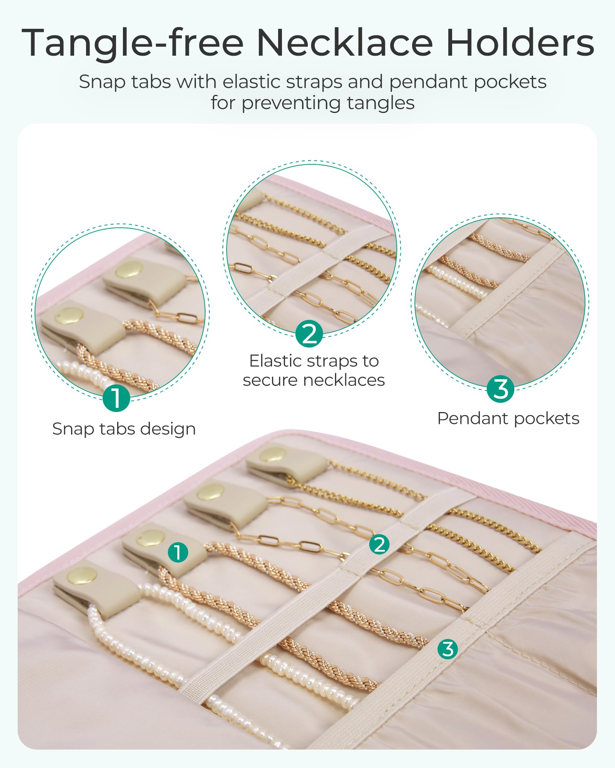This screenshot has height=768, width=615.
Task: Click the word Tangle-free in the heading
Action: pyautogui.click(x=133, y=43)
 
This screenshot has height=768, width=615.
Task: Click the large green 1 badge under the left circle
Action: pyautogui.click(x=116, y=398)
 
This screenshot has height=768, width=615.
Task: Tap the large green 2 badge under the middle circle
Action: pyautogui.click(x=310, y=333)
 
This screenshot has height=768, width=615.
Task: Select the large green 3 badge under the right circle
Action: pyautogui.click(x=501, y=389)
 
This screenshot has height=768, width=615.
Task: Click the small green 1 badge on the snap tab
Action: pyautogui.click(x=178, y=553)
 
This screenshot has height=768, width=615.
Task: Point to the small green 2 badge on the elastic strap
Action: pyautogui.click(x=379, y=545)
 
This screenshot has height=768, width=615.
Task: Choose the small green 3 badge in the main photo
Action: pyautogui.click(x=448, y=649)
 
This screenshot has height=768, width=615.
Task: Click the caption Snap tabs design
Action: pyautogui.click(x=124, y=429)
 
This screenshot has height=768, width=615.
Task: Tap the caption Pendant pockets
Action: pyautogui.click(x=508, y=419)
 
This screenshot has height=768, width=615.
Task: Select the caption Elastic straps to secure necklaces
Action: pyautogui.click(x=314, y=371)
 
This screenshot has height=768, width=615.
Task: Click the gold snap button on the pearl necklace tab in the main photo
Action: pyautogui.click(x=82, y=576)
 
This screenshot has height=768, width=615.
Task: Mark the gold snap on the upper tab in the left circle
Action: pyautogui.click(x=129, y=270)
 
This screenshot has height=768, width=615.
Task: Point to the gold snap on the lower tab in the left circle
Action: pyautogui.click(x=69, y=316)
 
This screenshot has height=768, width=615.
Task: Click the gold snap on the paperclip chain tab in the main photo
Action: pyautogui.click(x=211, y=492)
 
